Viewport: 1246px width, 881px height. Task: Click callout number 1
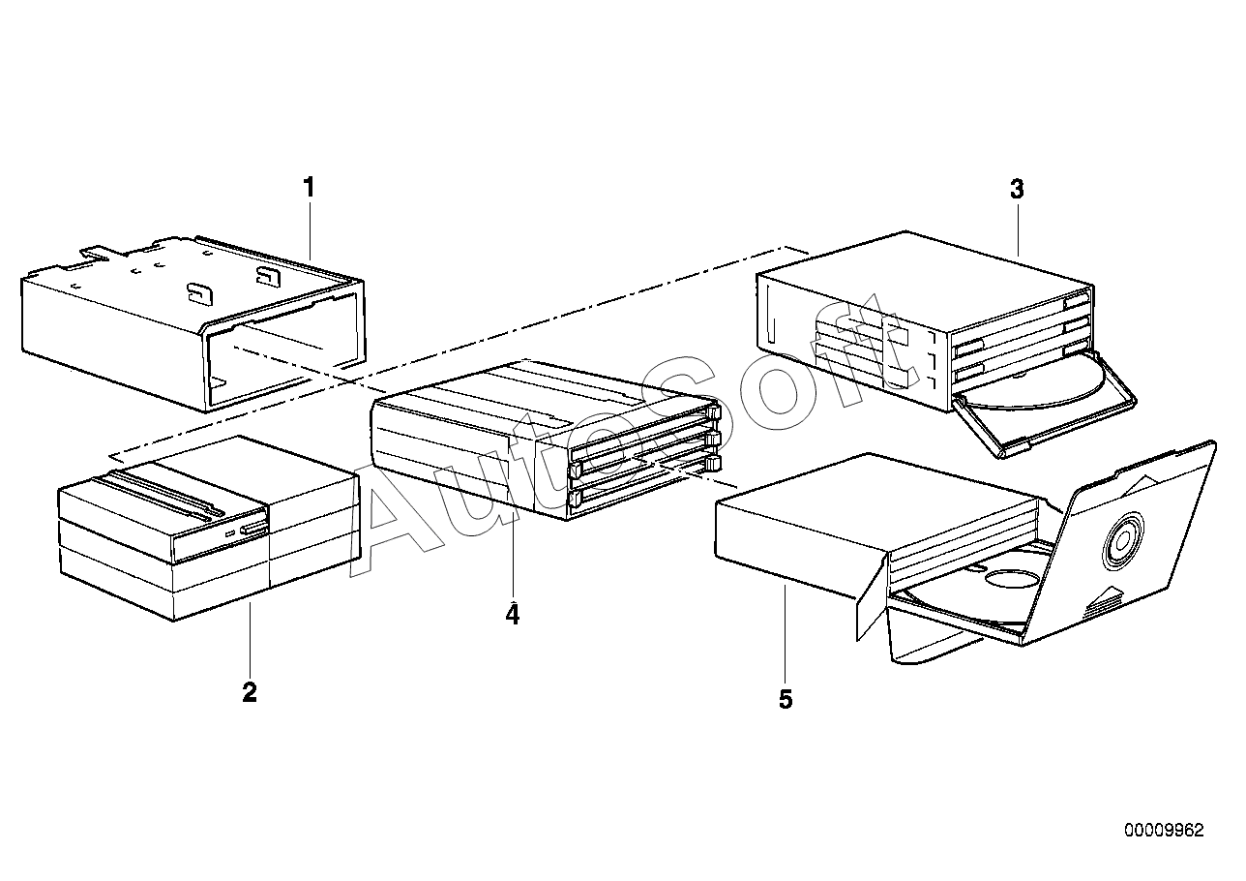(x=310, y=187)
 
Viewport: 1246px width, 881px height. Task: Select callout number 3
(x=1017, y=189)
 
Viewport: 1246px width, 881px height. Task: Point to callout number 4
(x=512, y=614)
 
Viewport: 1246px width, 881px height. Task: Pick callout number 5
(x=785, y=699)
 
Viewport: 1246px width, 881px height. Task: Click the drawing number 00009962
(x=1164, y=831)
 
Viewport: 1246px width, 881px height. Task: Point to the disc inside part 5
(x=967, y=591)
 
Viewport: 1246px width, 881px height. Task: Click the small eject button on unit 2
(x=253, y=527)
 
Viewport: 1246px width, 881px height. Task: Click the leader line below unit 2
(x=250, y=639)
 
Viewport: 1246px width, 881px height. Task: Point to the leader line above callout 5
(x=785, y=629)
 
